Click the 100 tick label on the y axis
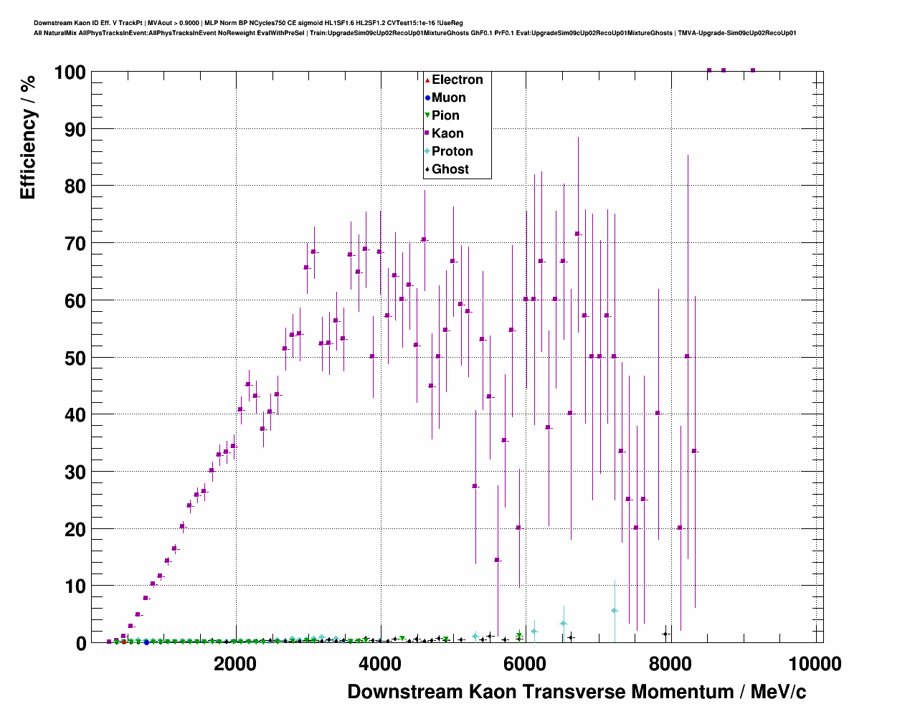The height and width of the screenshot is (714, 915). (x=70, y=72)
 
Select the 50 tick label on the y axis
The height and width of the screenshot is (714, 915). (x=75, y=358)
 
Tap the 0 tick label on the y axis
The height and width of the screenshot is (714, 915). (x=80, y=643)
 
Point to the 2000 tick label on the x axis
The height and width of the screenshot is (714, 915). (x=235, y=664)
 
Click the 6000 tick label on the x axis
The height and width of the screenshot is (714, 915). (x=525, y=664)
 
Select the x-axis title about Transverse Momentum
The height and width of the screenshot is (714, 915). (x=577, y=692)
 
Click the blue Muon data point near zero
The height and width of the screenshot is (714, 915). (x=146, y=642)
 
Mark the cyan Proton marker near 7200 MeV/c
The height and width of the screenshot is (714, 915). (x=615, y=611)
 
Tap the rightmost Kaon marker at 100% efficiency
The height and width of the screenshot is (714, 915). (x=753, y=70)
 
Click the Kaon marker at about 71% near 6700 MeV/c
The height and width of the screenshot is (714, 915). (x=577, y=234)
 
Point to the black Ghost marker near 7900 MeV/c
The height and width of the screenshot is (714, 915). (x=665, y=634)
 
